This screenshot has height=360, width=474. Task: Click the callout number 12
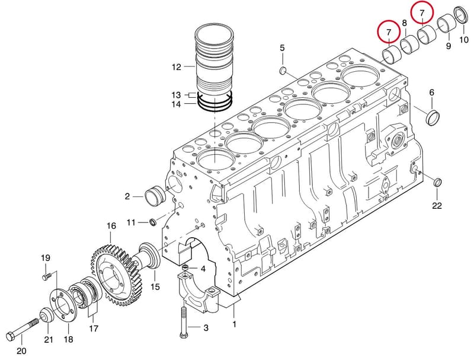point(176,67)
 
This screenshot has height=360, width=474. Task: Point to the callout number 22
point(437,206)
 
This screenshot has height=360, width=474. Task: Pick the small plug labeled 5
point(283,71)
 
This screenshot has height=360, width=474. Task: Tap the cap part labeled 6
point(433,117)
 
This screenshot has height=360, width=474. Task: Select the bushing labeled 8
point(409,45)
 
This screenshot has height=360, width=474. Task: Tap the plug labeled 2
point(155,197)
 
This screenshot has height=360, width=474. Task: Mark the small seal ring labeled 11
point(153,222)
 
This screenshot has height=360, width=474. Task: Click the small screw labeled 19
point(46,276)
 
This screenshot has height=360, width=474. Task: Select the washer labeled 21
point(47,316)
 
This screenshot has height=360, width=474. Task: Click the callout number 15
point(155,286)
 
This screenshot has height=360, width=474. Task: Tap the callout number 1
point(234,324)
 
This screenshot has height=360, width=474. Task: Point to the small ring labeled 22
point(437,183)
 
